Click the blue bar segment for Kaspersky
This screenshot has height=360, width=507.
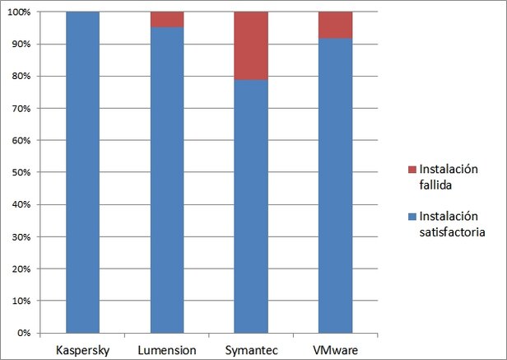tap(81, 173)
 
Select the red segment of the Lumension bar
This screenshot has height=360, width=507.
tap(166, 20)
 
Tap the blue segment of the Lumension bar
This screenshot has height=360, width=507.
tap(166, 180)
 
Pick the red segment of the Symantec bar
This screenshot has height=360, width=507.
tap(251, 46)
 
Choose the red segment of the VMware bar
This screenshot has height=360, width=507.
tap(336, 25)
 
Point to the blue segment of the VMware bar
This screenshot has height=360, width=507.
tap(336, 186)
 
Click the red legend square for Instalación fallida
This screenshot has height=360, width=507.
tap(412, 169)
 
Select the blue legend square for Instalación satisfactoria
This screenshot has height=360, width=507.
tap(412, 216)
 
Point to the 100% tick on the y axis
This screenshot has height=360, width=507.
tap(20, 12)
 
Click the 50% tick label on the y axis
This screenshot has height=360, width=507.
tap(21, 173)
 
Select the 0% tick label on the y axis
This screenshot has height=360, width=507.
tap(24, 334)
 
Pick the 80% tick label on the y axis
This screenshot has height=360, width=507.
tap(21, 77)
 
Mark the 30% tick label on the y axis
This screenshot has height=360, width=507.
tap(21, 237)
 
